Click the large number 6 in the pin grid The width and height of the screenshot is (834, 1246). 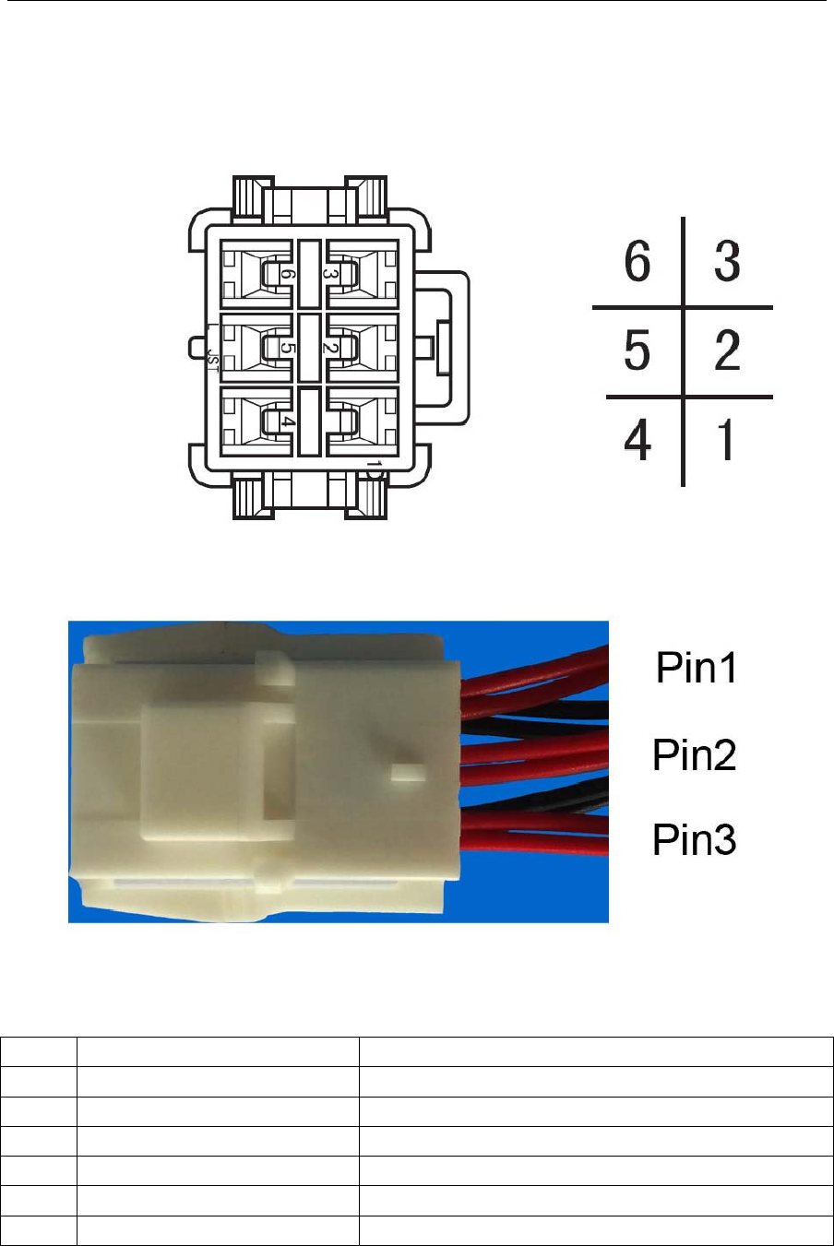[x=637, y=262]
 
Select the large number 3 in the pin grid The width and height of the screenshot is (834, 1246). [x=727, y=262]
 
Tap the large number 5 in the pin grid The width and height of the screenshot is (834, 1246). [x=637, y=351]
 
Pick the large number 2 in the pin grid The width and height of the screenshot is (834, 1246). [x=727, y=351]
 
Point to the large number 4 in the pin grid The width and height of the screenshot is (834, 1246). [x=637, y=440]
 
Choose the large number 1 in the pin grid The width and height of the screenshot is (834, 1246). [x=727, y=440]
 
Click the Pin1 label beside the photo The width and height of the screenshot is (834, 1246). [x=697, y=668]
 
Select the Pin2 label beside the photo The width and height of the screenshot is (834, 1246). [x=695, y=754]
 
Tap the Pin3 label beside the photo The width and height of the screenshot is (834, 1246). [x=695, y=839]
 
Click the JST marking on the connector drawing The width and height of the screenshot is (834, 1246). [x=213, y=359]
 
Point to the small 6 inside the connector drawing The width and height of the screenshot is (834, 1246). [x=288, y=274]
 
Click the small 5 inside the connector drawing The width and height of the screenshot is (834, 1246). [x=288, y=348]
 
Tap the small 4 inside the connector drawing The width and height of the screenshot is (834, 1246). [x=288, y=421]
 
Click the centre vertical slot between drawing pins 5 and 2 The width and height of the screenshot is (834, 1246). [x=309, y=348]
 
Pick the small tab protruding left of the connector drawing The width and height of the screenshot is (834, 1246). [x=196, y=348]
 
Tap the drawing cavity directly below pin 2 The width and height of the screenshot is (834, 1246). [x=362, y=421]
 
